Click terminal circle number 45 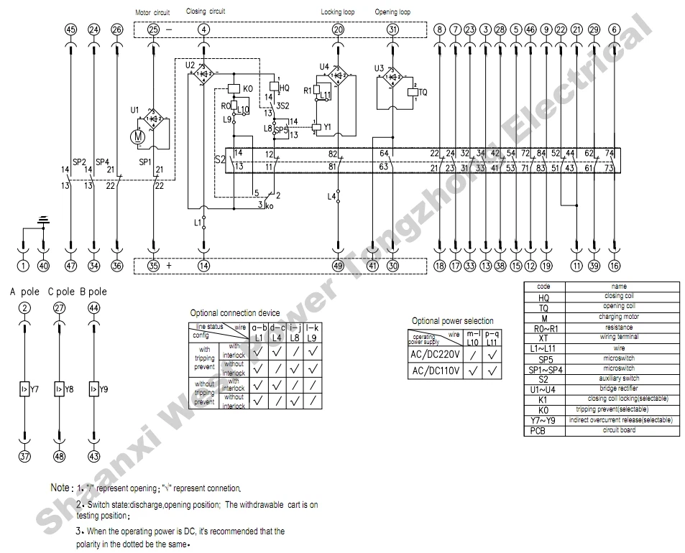70,29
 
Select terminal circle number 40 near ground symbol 43,266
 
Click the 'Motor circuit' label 152,12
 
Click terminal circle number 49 338,266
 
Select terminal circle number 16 614,266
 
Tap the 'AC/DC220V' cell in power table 434,355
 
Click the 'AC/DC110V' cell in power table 434,372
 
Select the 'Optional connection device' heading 234,313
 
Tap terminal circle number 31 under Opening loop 392,29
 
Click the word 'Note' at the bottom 60,488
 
